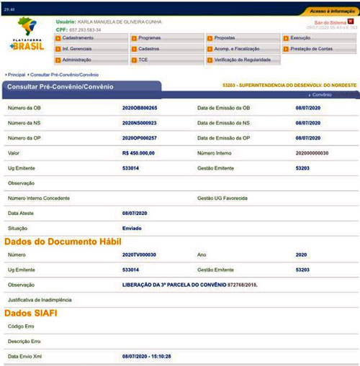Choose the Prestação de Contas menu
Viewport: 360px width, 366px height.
pyautogui.click(x=313, y=48)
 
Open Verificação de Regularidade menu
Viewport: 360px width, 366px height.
pyautogui.click(x=245, y=60)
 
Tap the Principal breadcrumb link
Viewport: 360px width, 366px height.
pyautogui.click(x=17, y=74)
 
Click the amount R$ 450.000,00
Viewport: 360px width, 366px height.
pyautogui.click(x=140, y=152)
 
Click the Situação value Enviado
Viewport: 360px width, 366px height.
pyautogui.click(x=133, y=227)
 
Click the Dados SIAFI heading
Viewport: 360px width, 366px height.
pyautogui.click(x=32, y=314)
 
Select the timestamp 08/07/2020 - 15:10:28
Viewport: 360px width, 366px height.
pyautogui.click(x=150, y=356)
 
